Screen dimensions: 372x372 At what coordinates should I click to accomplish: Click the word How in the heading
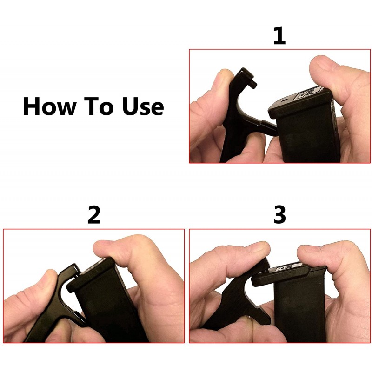point(50,106)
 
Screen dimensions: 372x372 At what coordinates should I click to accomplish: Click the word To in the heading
point(98,106)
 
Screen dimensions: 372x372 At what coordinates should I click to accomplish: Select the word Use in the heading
point(143,106)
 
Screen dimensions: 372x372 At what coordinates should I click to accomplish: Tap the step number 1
point(279,36)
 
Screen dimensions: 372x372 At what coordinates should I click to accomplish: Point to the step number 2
point(94,215)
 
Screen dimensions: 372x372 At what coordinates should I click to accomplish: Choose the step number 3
point(280,214)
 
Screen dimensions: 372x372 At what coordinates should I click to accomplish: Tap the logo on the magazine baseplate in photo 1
point(308,94)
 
